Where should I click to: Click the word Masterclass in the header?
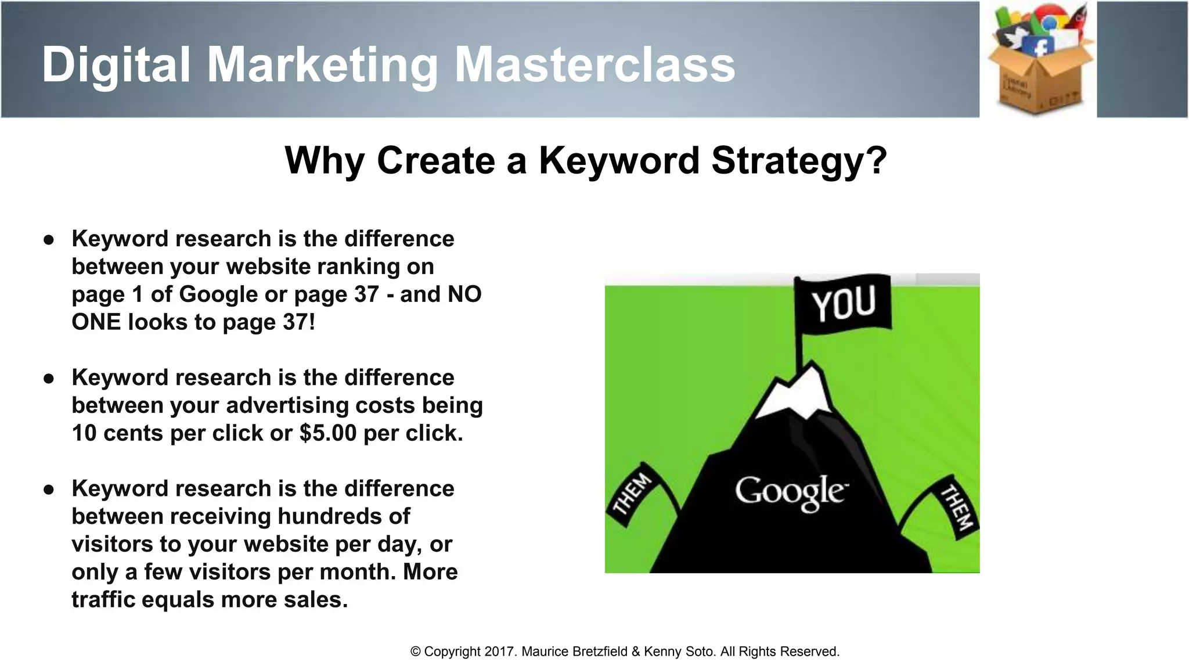point(594,65)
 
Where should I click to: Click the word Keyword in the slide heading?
point(619,160)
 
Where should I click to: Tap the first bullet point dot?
point(49,239)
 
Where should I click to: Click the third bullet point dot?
point(49,489)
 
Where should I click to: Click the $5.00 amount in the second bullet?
point(328,433)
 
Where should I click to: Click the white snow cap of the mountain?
point(795,395)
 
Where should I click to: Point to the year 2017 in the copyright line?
point(500,652)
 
